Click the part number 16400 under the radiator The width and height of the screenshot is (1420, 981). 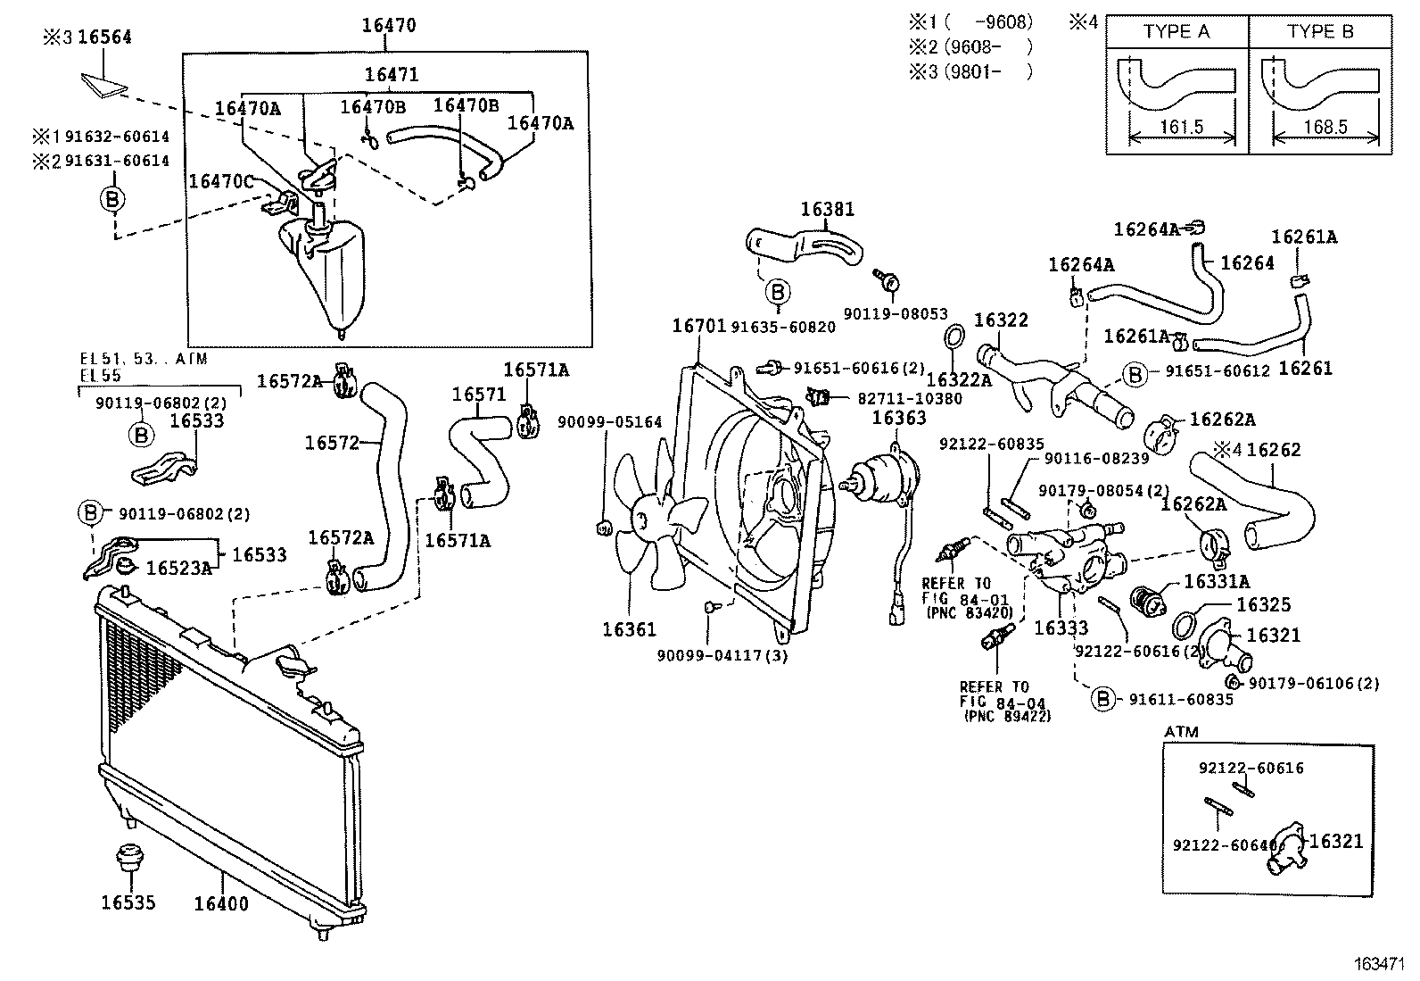(x=221, y=903)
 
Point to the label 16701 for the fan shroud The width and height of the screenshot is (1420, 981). (x=698, y=327)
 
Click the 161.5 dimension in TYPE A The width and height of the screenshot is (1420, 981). (x=1181, y=127)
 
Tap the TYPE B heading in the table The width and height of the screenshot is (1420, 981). (x=1320, y=32)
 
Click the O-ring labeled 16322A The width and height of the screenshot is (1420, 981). (x=954, y=340)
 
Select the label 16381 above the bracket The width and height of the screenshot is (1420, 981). (x=827, y=209)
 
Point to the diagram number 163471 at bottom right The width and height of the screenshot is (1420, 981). (x=1381, y=965)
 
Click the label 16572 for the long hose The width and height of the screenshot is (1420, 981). (x=332, y=443)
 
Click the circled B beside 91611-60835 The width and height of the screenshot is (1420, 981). (x=1104, y=699)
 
